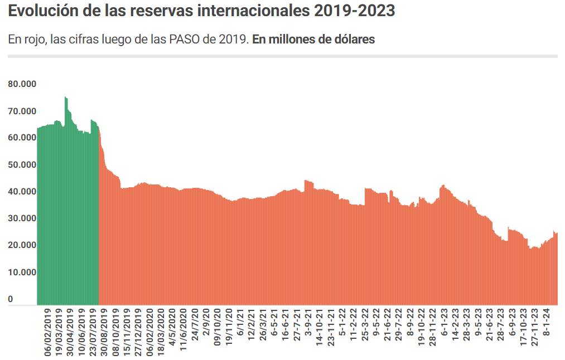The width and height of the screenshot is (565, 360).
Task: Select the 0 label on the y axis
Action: (x=11, y=299)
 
